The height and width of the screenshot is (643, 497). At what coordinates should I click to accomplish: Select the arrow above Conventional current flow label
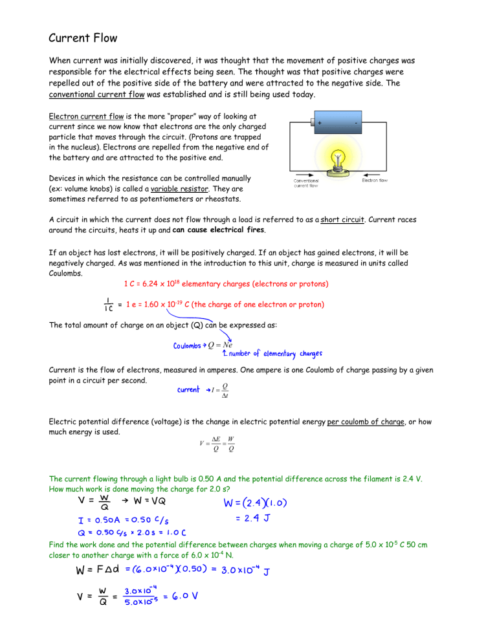304,173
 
